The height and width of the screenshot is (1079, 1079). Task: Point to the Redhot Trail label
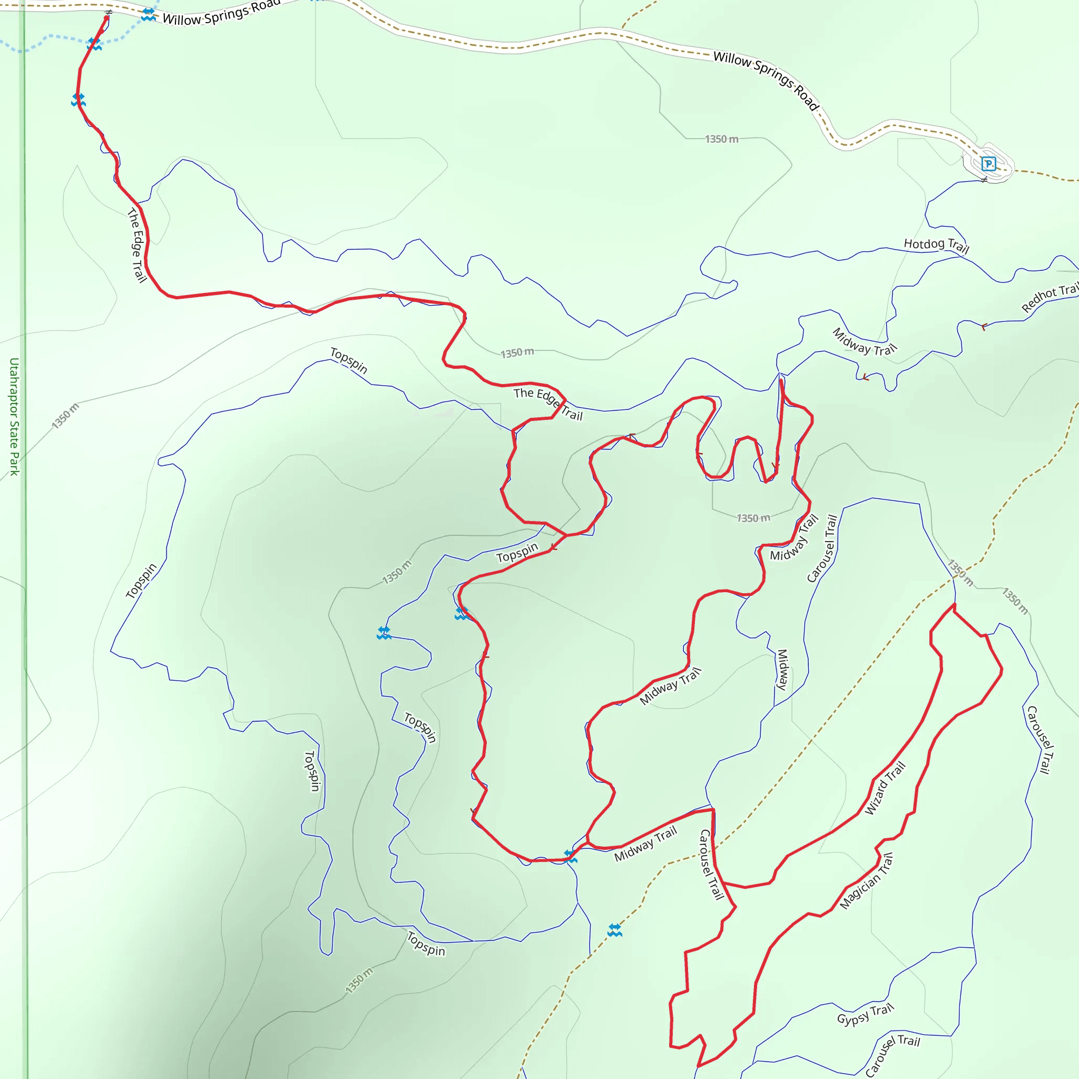(x=1050, y=297)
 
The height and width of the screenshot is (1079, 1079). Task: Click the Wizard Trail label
(x=885, y=788)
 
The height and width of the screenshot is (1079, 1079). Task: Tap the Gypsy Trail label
(x=865, y=1014)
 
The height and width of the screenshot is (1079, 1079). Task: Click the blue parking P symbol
(x=988, y=164)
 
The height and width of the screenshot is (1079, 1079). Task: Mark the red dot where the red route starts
(x=106, y=18)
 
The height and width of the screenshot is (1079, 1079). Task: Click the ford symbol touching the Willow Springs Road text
(x=148, y=15)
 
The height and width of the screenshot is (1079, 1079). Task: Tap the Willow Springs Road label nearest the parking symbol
(x=766, y=82)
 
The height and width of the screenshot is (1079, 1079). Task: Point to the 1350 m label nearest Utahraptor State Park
(x=65, y=416)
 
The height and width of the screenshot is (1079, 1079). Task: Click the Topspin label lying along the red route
(x=517, y=552)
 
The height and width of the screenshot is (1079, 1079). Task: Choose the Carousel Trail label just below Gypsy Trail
(x=892, y=1055)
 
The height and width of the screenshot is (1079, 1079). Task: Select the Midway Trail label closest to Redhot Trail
(x=865, y=341)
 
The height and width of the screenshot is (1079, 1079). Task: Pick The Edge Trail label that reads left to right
(x=548, y=404)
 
